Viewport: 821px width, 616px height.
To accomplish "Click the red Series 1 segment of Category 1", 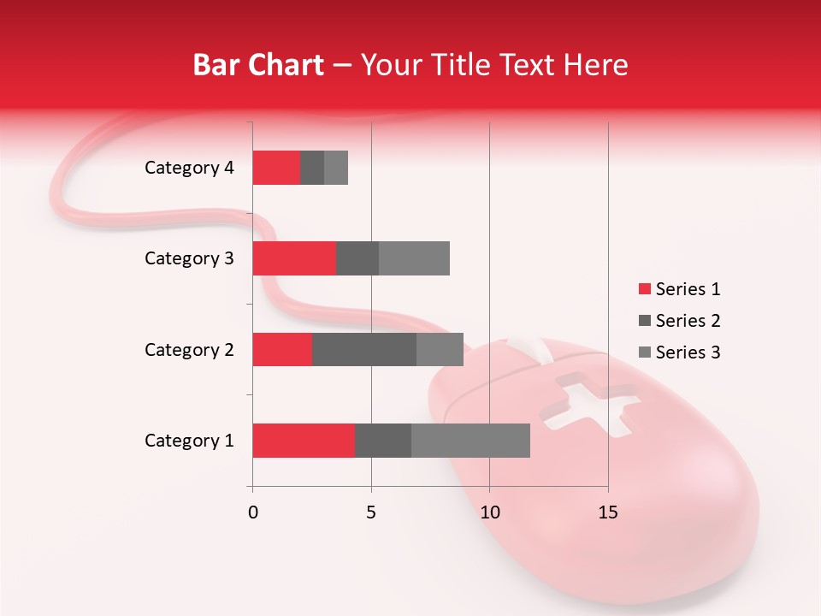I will (304, 441).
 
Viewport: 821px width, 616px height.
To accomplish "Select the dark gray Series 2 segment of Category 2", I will (364, 349).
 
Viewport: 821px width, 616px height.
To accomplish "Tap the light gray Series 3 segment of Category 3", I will (414, 258).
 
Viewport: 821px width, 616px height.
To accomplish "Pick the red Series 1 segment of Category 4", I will (276, 168).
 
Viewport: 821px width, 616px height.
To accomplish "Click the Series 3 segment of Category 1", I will (470, 441).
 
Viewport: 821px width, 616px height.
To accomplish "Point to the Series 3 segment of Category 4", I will (336, 168).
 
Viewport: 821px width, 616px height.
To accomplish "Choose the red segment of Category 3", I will (294, 258).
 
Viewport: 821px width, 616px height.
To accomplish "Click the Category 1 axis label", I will (189, 441).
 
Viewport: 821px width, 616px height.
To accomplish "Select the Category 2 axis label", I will (189, 349).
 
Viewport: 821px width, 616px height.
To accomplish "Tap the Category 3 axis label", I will (189, 258).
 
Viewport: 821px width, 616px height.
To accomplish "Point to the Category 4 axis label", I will (189, 168).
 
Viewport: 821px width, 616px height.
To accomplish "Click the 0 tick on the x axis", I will (253, 512).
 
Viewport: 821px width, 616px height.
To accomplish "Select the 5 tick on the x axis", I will (371, 512).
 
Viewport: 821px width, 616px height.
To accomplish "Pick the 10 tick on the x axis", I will (489, 512).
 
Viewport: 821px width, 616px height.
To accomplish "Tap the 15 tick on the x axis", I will (608, 512).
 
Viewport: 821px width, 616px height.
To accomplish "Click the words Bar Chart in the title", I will (258, 65).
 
